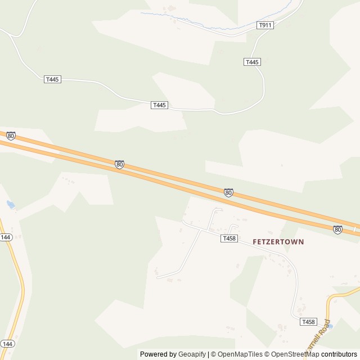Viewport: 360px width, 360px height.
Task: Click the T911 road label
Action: [265, 25]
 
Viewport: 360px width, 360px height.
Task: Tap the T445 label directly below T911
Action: [252, 62]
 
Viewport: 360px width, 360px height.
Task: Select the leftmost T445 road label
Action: [52, 79]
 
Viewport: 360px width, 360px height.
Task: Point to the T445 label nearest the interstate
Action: [160, 105]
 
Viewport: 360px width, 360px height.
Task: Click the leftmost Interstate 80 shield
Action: [11, 136]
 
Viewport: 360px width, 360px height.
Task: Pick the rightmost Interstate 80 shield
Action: [337, 229]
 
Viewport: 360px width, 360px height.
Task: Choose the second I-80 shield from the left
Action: [119, 164]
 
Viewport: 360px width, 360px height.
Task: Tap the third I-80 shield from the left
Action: [228, 193]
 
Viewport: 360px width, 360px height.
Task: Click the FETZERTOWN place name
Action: [278, 242]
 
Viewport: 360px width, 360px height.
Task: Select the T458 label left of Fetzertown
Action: [229, 238]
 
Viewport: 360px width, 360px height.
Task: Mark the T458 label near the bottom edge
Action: [308, 322]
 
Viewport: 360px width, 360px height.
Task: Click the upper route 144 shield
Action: [6, 237]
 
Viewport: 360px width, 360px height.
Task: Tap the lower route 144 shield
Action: [7, 343]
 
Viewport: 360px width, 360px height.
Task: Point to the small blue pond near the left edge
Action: [10, 205]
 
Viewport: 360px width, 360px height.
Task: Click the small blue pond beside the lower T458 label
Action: [330, 326]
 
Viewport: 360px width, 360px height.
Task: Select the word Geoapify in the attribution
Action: [192, 354]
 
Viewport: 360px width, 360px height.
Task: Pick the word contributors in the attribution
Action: [339, 354]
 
